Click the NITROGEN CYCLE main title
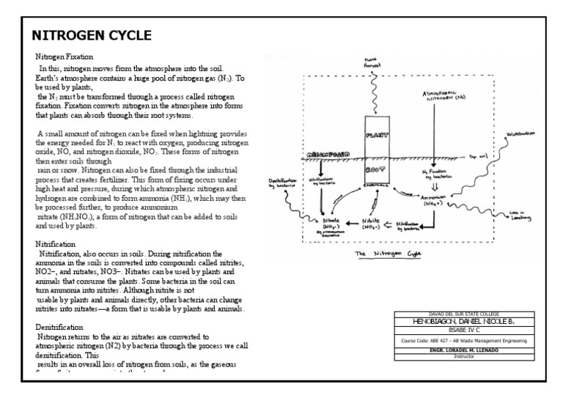pos(92,35)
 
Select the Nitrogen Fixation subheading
pos(64,56)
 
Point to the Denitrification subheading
pos(59,326)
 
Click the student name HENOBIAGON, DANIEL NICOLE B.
pos(464,322)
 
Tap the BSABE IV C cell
pos(464,331)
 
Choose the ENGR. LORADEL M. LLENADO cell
pos(464,350)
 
